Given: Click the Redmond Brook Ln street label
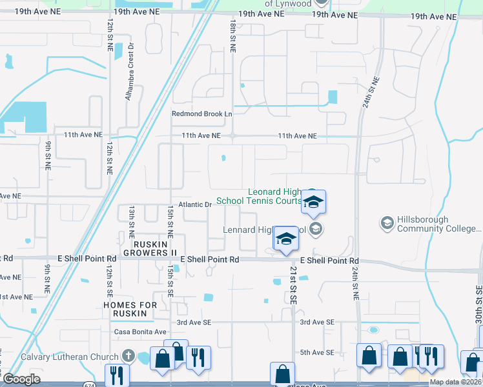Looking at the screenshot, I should [x=201, y=114].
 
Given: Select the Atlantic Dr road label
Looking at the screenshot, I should [x=200, y=204].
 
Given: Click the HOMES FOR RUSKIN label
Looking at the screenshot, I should [x=130, y=309].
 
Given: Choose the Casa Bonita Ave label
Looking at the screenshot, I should [x=140, y=332].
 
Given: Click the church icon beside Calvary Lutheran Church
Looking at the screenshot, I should [x=128, y=356].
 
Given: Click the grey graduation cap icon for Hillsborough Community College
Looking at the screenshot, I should [x=387, y=223].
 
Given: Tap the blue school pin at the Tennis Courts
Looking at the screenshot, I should [x=313, y=203].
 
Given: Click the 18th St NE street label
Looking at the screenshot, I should [x=232, y=35].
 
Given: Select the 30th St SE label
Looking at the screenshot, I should [x=478, y=301].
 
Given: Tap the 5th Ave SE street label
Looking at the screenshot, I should [x=316, y=352].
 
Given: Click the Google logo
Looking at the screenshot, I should [x=21, y=379].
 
